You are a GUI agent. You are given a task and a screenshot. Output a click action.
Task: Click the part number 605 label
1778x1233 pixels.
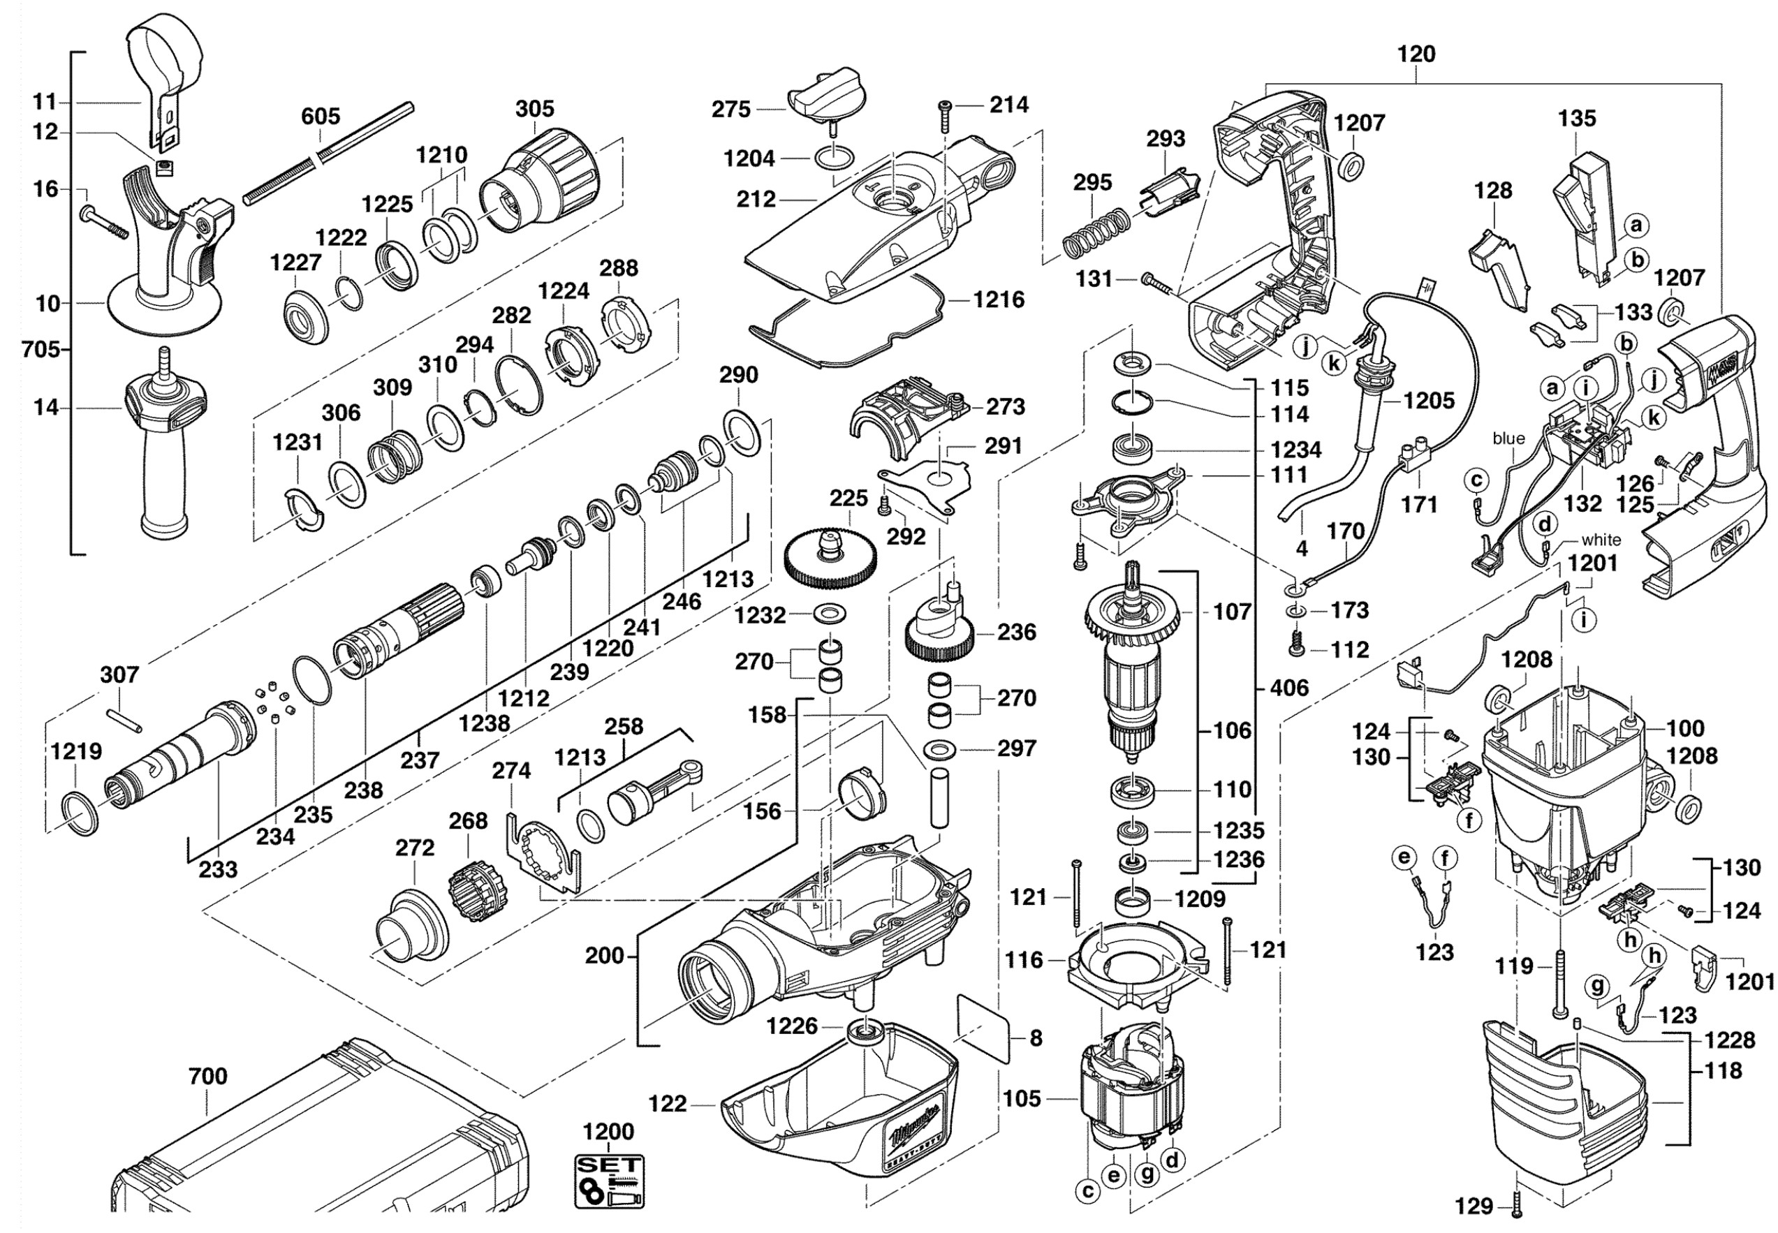coord(320,117)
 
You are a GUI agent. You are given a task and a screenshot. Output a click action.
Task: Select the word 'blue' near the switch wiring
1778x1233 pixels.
coord(1508,439)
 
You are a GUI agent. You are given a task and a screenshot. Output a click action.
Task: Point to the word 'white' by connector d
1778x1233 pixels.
coord(1601,540)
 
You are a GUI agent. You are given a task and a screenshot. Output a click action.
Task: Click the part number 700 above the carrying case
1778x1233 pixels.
coord(208,1076)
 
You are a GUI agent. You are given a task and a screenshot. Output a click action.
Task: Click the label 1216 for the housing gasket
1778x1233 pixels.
coord(999,300)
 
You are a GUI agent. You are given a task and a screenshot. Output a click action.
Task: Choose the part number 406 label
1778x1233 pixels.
coord(1290,688)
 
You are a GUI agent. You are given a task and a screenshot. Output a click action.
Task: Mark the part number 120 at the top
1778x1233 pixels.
coord(1416,54)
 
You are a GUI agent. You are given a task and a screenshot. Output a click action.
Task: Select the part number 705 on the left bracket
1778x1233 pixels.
coord(41,350)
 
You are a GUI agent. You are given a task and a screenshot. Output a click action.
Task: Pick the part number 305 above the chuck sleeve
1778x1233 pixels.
coord(535,109)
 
